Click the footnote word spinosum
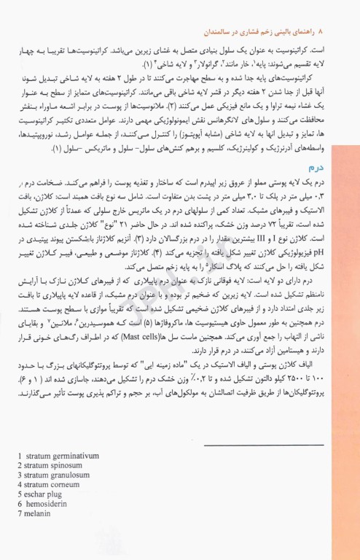click(74, 467)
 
